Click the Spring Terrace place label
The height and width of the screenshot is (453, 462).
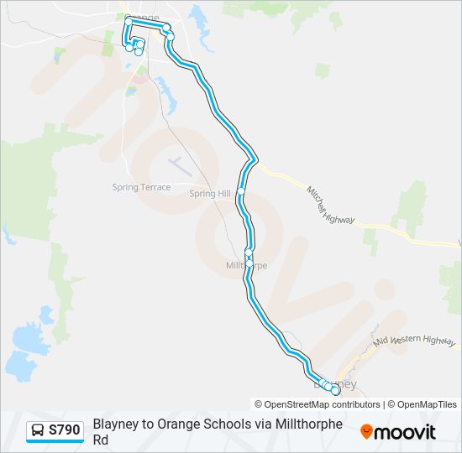(141, 187)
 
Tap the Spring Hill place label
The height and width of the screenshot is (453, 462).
(209, 193)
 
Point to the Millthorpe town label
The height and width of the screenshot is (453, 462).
(246, 265)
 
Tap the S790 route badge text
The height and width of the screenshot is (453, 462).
(65, 430)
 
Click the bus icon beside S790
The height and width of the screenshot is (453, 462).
(39, 430)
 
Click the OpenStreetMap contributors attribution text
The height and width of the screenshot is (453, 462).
(318, 404)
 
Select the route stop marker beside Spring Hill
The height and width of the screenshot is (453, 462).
(241, 191)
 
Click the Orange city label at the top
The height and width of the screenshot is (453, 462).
(141, 18)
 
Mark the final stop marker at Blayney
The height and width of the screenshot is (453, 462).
(335, 391)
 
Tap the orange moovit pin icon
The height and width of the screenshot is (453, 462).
(366, 432)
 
